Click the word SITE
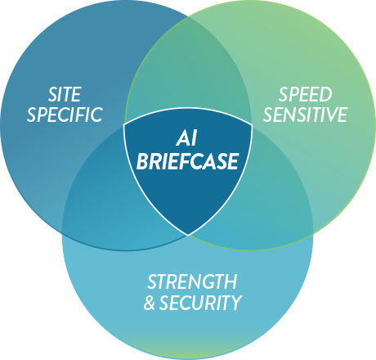coord(65,94)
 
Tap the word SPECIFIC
coord(65,115)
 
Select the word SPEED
coord(305,94)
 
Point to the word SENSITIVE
coord(305,115)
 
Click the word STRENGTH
coord(192,281)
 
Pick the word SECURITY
coord(200,303)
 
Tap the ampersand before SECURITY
coord(150,303)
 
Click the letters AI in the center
coord(186,138)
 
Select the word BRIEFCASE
coord(188,161)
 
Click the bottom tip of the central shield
coord(188,235)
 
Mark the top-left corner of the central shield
coord(124,125)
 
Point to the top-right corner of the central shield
coord(252,125)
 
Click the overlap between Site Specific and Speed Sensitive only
coord(188,68)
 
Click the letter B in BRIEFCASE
coord(142,161)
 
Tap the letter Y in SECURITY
coord(235,303)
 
